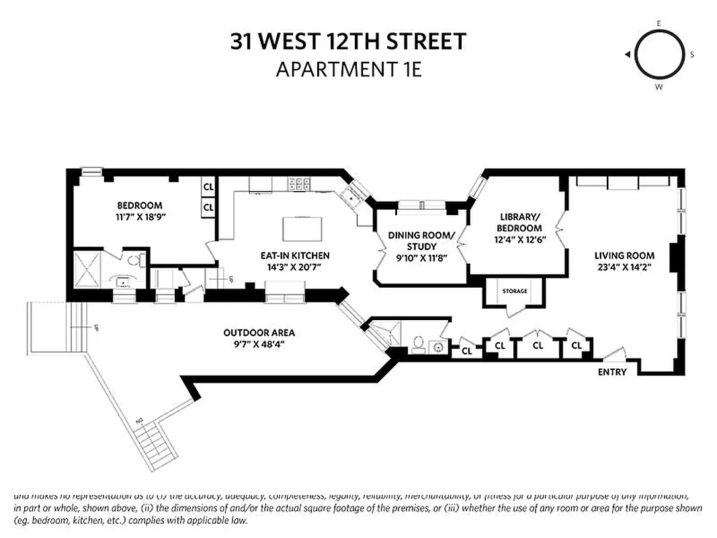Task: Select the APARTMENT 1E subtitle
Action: (348, 69)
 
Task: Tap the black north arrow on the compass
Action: (626, 54)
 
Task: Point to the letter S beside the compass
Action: (691, 54)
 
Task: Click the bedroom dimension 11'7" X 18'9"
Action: (139, 218)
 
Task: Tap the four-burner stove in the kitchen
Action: (298, 183)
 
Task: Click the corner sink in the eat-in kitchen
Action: (351, 196)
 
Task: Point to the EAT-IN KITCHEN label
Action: (296, 256)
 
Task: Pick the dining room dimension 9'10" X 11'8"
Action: (421, 258)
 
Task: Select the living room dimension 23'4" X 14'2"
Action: (624, 267)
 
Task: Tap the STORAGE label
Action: (515, 291)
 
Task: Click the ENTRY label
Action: (612, 372)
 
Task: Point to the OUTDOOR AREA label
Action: (259, 333)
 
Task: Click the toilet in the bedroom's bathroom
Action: (134, 259)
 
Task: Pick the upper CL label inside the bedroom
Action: (208, 186)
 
